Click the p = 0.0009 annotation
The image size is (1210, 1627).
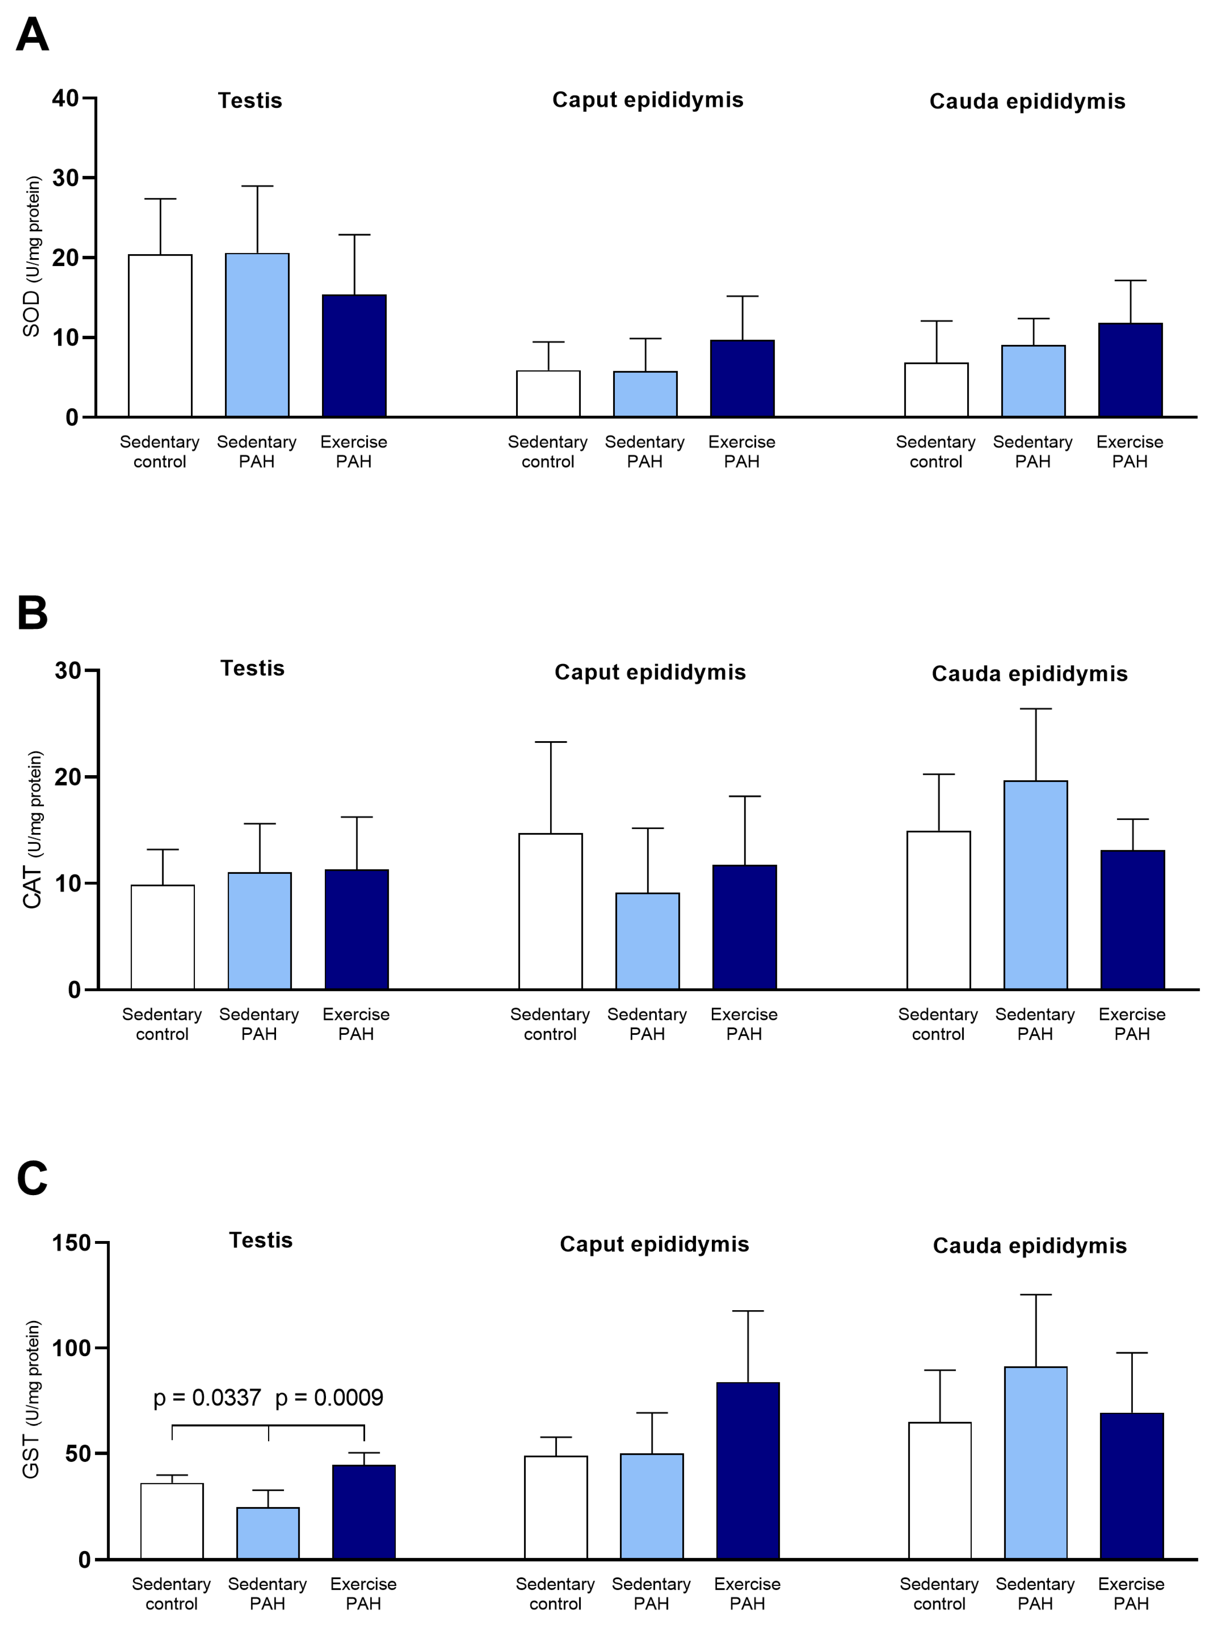point(329,1398)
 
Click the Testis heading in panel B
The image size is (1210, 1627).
point(252,668)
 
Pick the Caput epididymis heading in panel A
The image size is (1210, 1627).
point(648,99)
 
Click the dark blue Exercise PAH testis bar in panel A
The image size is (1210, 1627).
point(354,356)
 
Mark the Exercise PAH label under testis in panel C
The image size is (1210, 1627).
point(363,1593)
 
